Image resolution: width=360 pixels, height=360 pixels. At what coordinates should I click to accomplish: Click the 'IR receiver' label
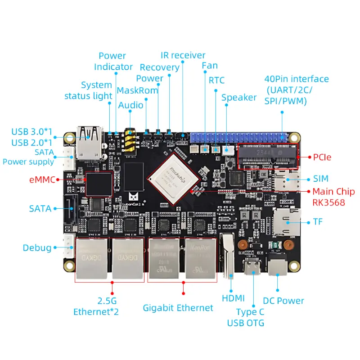coord(183,55)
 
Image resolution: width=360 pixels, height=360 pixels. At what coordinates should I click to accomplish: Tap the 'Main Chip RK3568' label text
coord(333,197)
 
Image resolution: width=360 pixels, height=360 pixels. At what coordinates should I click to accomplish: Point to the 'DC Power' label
coord(284,301)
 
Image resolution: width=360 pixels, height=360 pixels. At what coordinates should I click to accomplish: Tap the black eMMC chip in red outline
coord(99,183)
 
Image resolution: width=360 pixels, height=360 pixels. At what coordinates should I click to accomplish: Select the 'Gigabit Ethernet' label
coord(178,308)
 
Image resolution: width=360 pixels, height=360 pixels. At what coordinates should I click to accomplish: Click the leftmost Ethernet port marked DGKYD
coord(92,257)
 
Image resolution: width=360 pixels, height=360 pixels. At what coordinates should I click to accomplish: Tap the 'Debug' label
coord(37,247)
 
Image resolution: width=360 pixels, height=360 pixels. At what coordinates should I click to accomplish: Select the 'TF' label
coord(318,222)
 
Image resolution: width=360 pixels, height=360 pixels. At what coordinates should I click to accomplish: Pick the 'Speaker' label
coord(238,98)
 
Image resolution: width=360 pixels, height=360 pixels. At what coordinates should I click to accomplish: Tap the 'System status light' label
coord(88,90)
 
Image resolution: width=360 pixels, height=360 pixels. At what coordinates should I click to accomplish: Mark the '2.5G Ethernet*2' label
coord(96,306)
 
